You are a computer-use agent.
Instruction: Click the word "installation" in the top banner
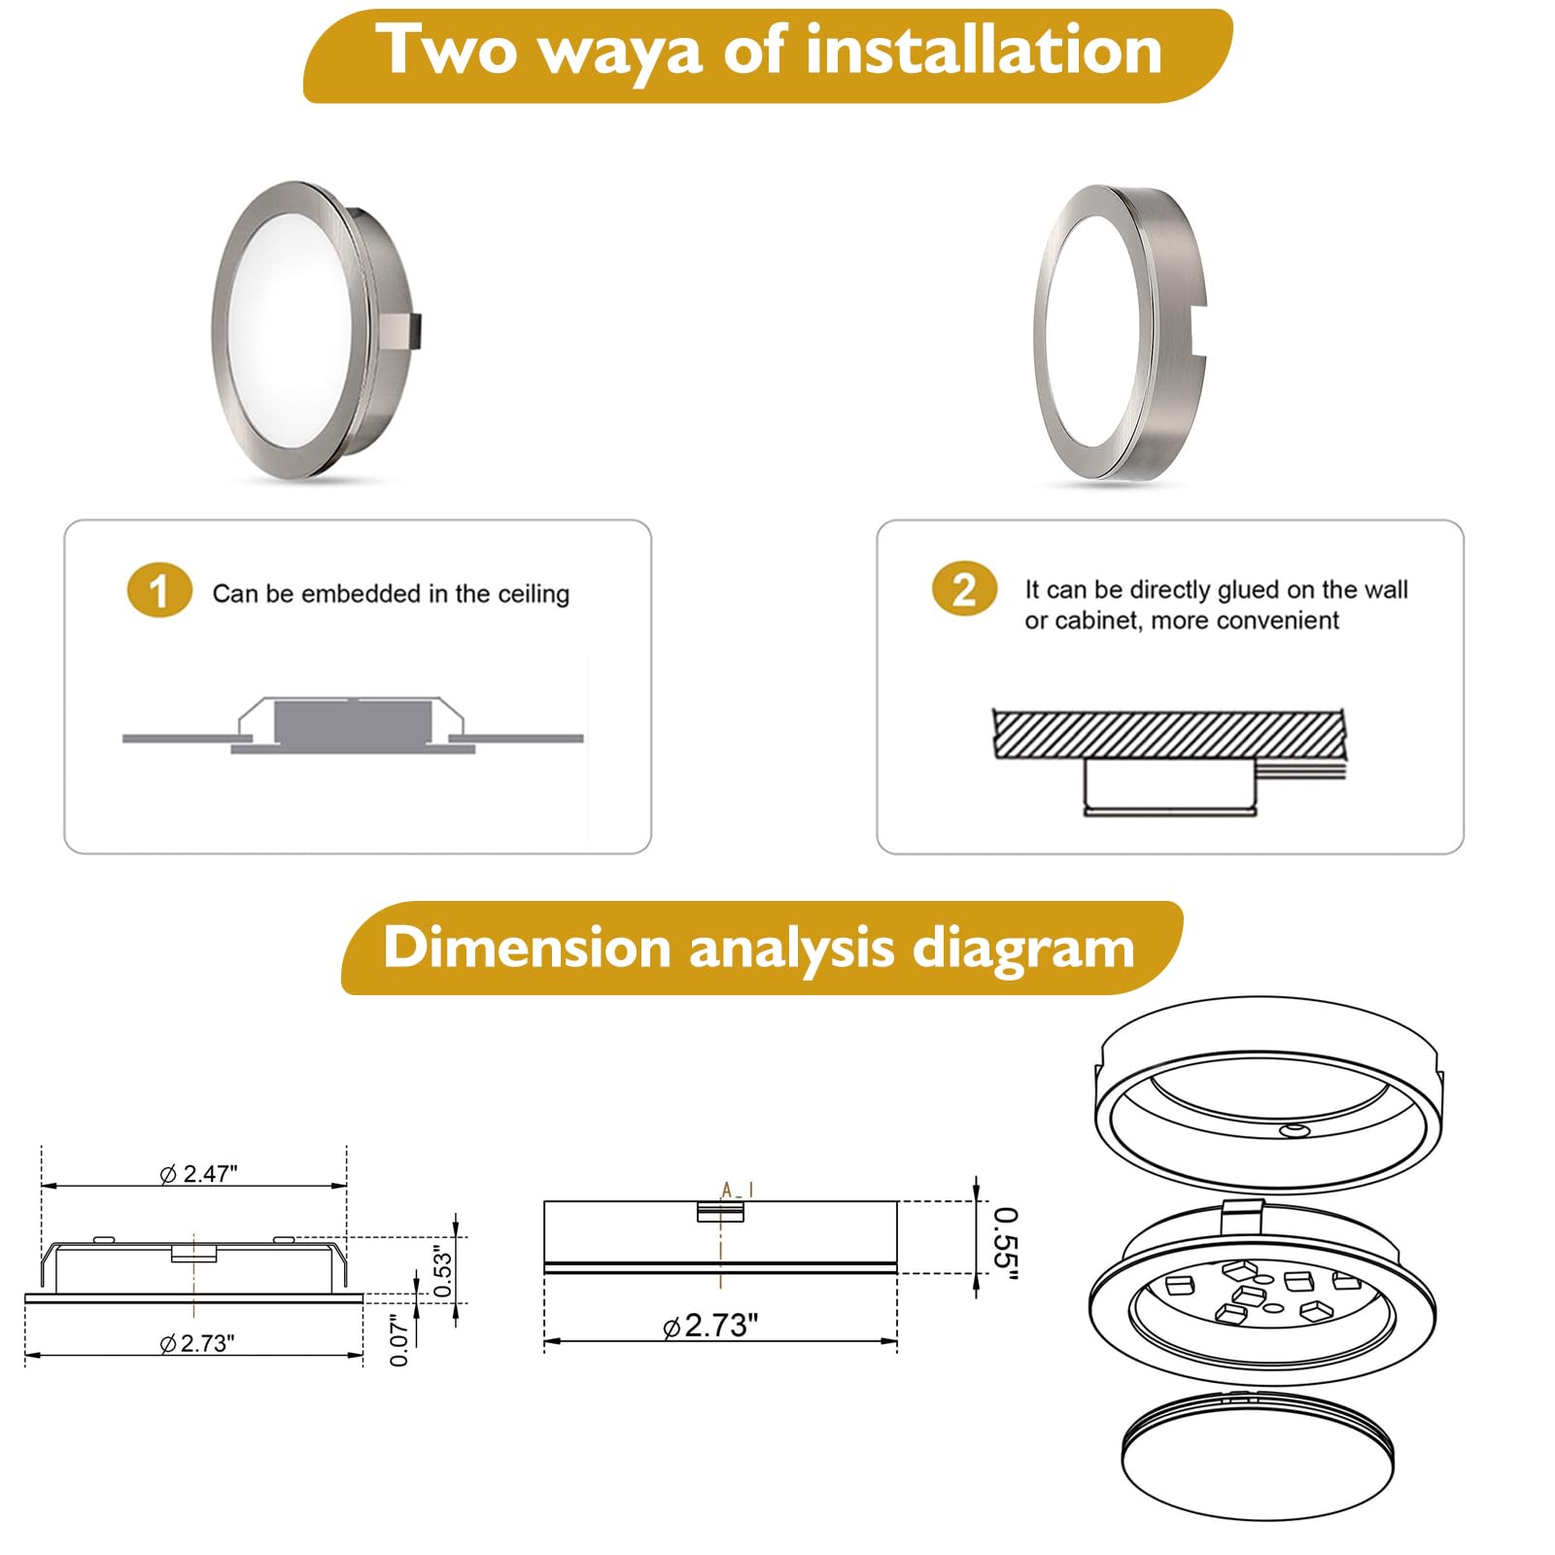point(984,51)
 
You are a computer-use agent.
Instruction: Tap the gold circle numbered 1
point(159,590)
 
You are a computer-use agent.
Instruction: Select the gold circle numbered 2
point(964,589)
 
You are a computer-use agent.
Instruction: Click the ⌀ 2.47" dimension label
point(198,1173)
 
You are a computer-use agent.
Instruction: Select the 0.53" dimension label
point(443,1270)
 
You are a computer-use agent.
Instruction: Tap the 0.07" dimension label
point(398,1340)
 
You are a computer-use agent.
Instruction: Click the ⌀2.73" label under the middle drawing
point(710,1326)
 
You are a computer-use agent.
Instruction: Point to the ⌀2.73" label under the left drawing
point(197,1343)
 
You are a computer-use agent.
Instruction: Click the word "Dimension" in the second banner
point(527,947)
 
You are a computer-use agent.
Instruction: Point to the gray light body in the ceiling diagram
point(353,722)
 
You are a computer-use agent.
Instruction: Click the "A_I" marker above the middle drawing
point(737,1190)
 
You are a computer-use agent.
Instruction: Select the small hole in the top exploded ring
point(1294,1130)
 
